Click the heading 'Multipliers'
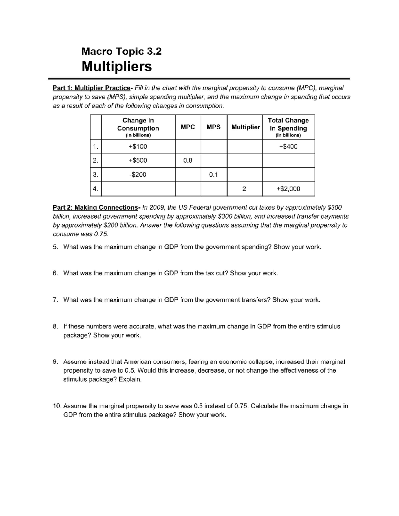pos(117,66)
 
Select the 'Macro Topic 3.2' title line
pos(121,51)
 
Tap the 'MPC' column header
pos(188,127)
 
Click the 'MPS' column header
pos(213,127)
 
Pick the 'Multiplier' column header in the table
pos(245,127)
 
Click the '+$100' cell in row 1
pos(138,147)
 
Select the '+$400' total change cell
pos(288,147)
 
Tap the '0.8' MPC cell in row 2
pos(188,161)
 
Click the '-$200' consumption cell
pos(138,175)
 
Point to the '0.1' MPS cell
pos(213,175)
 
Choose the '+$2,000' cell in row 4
pos(288,189)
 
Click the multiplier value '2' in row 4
pos(244,189)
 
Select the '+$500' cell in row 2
pos(138,161)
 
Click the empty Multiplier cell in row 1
pos(245,147)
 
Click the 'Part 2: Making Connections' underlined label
pos(95,208)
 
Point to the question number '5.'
pos(55,247)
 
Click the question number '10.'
pos(57,406)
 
